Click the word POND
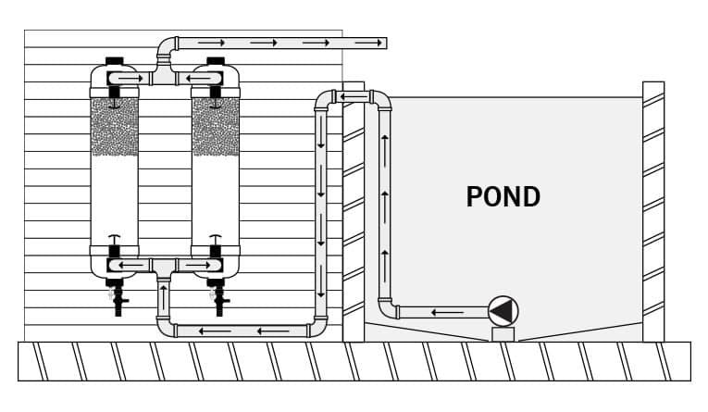point(503,197)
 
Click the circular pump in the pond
point(503,311)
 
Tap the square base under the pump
point(503,334)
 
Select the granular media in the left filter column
point(115,127)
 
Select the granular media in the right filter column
point(216,127)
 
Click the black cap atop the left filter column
point(115,61)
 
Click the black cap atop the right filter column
point(216,61)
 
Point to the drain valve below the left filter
point(118,298)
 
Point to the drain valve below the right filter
point(219,298)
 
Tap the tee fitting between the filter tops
point(164,75)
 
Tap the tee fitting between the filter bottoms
point(164,267)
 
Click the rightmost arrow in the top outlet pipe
point(369,43)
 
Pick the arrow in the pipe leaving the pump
point(447,312)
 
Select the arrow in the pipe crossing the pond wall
point(354,96)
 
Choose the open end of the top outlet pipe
point(385,43)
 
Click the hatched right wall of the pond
point(653,211)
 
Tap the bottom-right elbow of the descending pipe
point(317,328)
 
